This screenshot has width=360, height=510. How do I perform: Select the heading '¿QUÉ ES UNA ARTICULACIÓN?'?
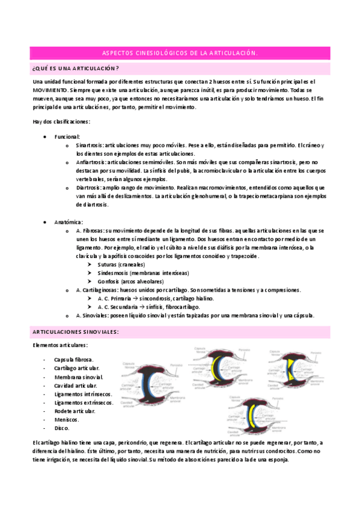(76, 68)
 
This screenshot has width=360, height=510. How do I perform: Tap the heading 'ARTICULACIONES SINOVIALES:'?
(75, 332)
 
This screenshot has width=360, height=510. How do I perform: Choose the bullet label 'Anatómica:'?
(67, 222)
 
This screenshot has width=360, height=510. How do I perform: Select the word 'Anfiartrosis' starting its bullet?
(91, 162)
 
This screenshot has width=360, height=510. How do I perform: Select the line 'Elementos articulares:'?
(60, 345)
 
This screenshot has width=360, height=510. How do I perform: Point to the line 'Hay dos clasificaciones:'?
(62, 122)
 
